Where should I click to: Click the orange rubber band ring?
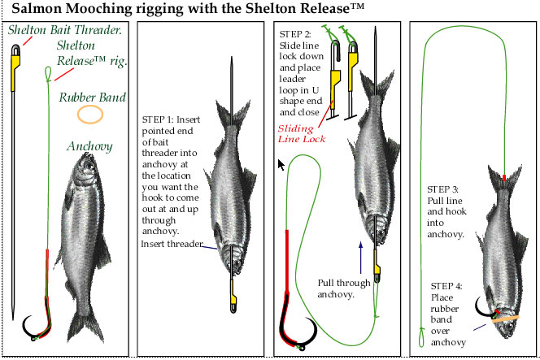pyautogui.click(x=89, y=114)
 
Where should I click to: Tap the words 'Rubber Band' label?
pyautogui.click(x=93, y=98)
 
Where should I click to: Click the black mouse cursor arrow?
pyautogui.click(x=281, y=165)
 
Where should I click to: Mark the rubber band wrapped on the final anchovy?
pyautogui.click(x=504, y=316)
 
